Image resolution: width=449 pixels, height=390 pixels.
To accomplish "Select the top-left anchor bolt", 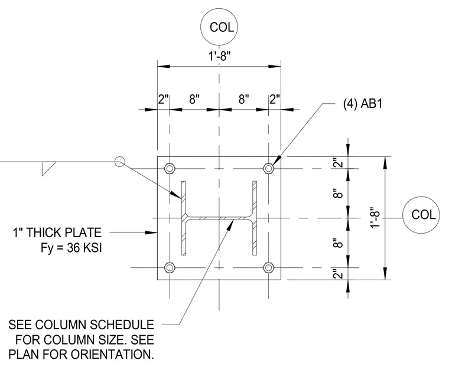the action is coord(170,169).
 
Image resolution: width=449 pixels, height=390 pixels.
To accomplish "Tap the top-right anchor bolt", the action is coord(268,168).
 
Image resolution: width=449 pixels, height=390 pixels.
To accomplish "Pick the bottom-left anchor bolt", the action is coord(170,268).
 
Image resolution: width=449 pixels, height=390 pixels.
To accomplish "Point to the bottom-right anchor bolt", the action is coord(268,268).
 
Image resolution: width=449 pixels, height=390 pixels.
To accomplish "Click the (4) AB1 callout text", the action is coord(363,103).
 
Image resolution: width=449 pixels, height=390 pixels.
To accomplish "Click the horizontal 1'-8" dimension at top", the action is coord(219,56).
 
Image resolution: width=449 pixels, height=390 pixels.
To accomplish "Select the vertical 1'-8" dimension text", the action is coord(375,218).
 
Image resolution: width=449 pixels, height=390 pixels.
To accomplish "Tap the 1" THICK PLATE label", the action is coord(57,232).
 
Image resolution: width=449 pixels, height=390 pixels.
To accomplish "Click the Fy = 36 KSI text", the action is coord(71,248).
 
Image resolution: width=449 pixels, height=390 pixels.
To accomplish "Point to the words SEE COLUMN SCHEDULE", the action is coord(82,325).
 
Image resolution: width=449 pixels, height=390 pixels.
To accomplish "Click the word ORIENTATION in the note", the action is coord(112,355).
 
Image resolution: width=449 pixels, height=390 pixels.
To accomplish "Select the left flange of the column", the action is coord(184,218).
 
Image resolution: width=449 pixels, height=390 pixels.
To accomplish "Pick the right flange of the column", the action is coord(255,218).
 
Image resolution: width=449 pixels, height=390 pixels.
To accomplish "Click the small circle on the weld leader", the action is coord(120,162).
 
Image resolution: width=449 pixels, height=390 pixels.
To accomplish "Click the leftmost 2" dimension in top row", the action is coord(164,99).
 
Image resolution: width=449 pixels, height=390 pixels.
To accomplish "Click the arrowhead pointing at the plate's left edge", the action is coord(151,232).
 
